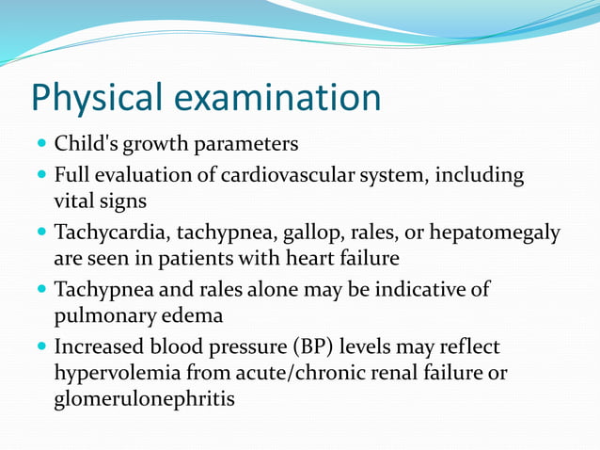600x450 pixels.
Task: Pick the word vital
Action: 75,201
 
